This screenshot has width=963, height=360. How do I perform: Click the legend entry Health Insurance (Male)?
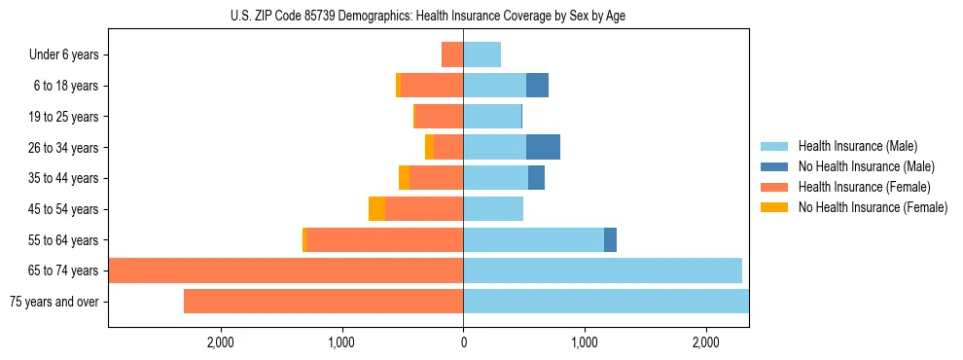click(857, 146)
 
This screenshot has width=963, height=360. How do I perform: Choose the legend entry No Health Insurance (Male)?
click(866, 166)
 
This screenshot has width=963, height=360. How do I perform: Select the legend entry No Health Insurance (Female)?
click(873, 207)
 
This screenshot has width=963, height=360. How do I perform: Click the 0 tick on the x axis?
click(463, 342)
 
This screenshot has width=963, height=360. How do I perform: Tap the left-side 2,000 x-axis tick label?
click(220, 342)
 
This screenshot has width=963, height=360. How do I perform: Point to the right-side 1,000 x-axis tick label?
click(585, 342)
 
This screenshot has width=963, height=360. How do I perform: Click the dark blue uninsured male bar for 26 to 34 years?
click(543, 147)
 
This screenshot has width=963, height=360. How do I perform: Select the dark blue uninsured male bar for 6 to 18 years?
click(537, 86)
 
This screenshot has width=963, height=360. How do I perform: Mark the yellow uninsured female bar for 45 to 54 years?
click(376, 209)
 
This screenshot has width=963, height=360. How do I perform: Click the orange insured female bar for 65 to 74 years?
click(286, 270)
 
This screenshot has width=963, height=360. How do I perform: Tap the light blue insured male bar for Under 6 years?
click(481, 54)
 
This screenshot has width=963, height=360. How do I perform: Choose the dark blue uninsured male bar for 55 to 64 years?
click(610, 239)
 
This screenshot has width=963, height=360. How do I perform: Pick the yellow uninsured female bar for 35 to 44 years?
click(404, 178)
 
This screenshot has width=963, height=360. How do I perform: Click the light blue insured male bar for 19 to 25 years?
click(492, 117)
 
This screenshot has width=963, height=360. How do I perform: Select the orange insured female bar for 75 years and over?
click(323, 302)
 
